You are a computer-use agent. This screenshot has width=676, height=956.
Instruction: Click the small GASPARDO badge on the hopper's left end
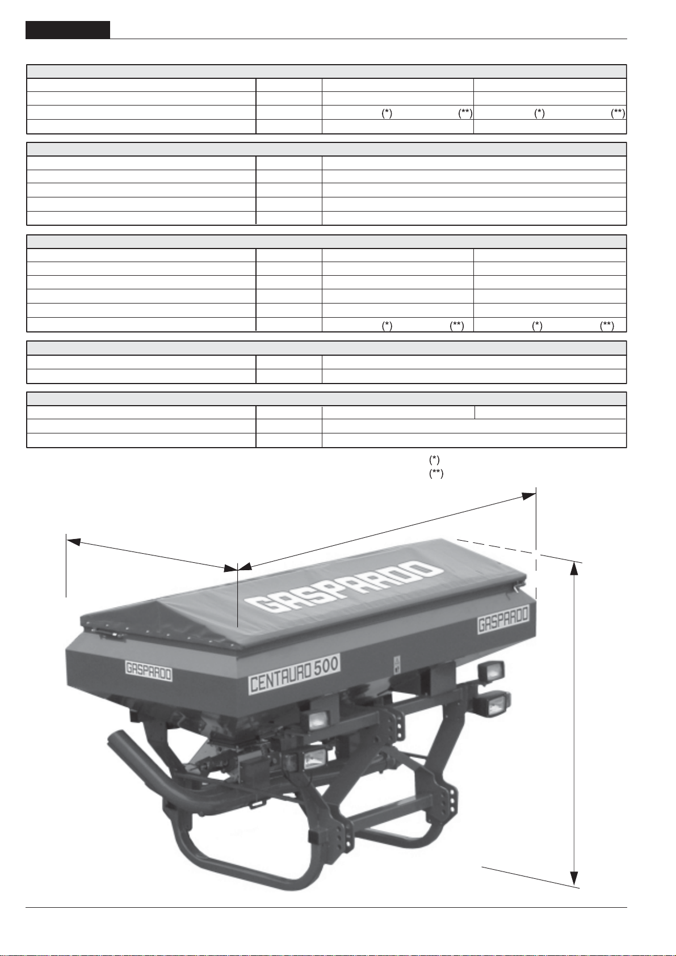(149, 671)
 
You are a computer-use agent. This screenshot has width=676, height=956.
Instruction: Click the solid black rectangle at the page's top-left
(68, 30)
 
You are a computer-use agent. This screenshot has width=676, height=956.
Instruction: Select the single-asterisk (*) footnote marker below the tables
(434, 460)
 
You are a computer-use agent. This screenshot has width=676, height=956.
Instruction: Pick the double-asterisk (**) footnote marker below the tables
(436, 474)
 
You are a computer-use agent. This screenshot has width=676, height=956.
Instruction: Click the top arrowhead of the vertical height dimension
(575, 568)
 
